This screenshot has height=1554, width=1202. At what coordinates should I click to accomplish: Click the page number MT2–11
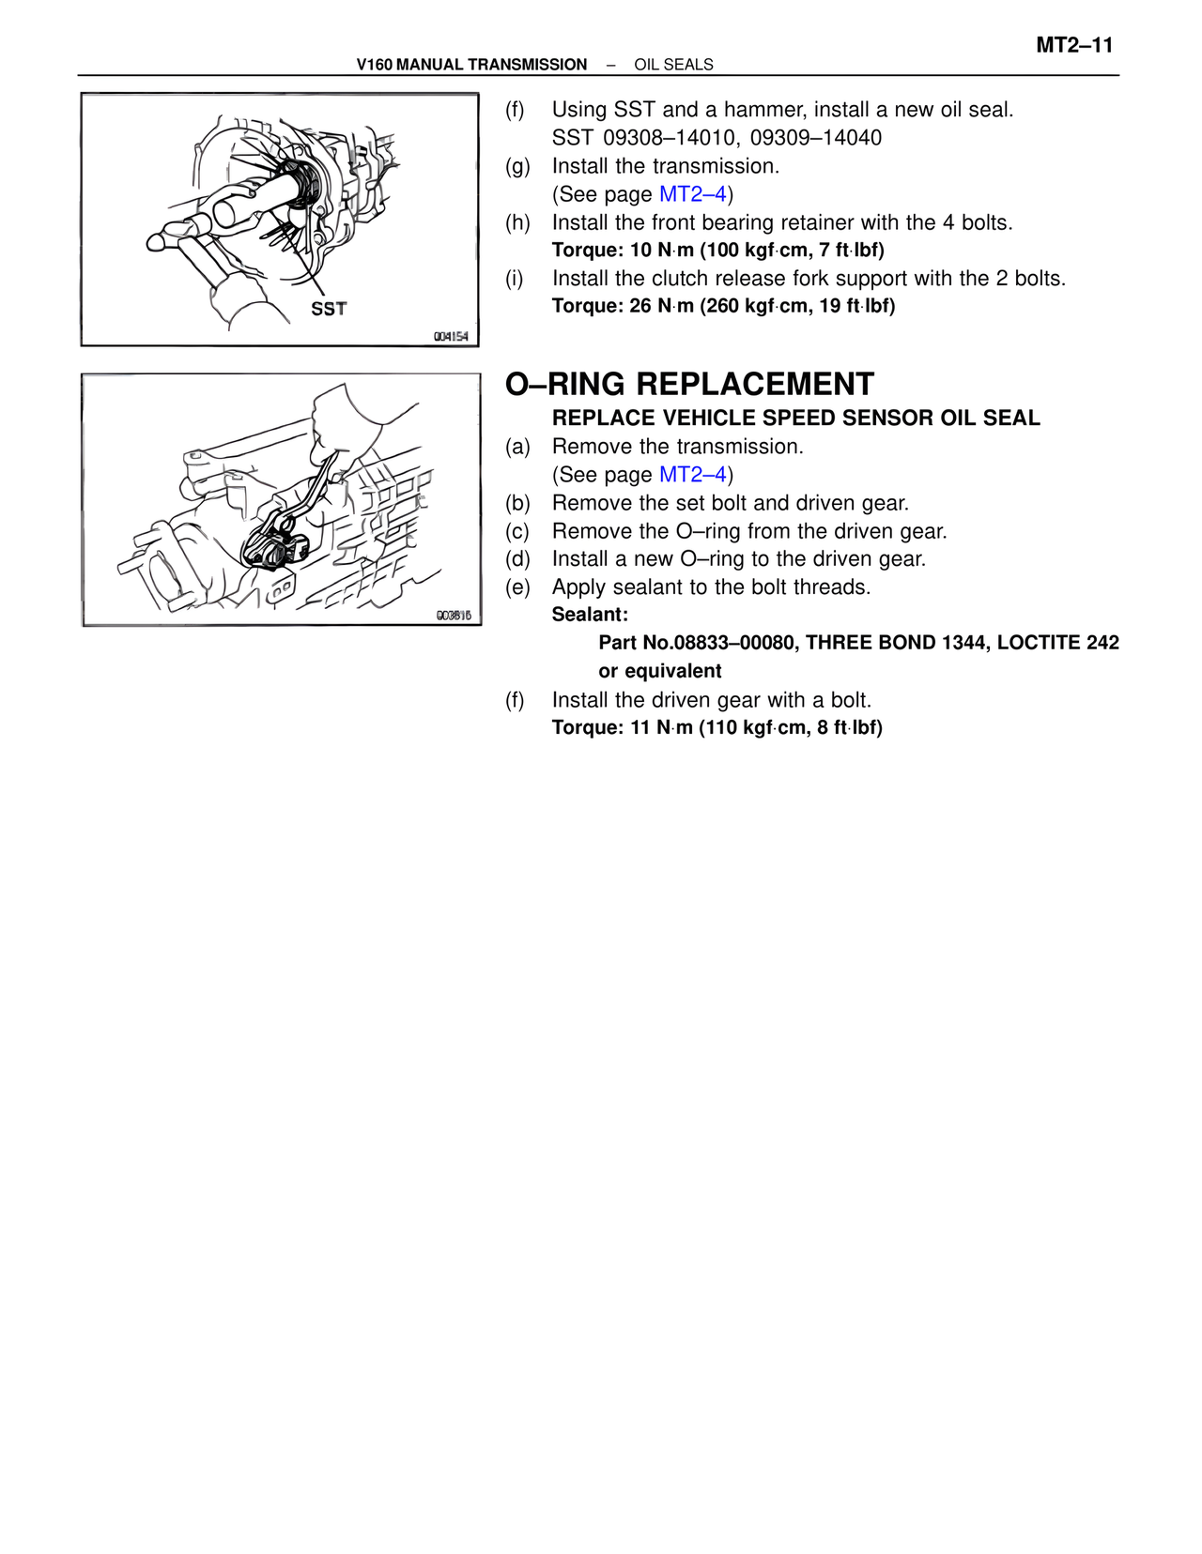pos(1074,46)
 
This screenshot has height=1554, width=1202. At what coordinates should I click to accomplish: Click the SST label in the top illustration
pos(329,309)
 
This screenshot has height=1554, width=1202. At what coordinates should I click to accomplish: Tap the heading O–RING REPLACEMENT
pos(689,384)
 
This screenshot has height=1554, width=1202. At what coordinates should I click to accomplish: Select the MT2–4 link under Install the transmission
pos(692,194)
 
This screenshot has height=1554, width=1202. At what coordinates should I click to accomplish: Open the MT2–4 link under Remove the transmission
pos(692,474)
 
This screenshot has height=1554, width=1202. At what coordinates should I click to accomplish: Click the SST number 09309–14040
pos(816,137)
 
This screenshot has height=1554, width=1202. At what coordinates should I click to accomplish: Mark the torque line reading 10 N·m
pos(717,251)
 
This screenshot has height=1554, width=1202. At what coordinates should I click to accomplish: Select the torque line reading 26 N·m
pos(723,306)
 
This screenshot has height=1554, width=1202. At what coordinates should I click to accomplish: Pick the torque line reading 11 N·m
pos(717,727)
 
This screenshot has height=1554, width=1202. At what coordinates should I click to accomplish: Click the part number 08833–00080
pos(734,643)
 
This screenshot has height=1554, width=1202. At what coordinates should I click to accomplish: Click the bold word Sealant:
pos(590,615)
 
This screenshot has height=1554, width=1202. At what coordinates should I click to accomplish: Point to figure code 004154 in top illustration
pos(451,336)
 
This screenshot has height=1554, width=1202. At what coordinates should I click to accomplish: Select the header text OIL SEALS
pos(673,65)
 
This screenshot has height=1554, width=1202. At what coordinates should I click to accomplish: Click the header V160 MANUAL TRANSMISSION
pos(471,65)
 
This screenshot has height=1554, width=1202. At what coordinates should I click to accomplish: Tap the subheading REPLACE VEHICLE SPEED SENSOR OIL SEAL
pos(795,418)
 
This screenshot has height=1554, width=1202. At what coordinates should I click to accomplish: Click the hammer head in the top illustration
pos(177,233)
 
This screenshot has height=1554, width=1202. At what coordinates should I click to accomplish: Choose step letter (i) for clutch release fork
pos(515,278)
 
